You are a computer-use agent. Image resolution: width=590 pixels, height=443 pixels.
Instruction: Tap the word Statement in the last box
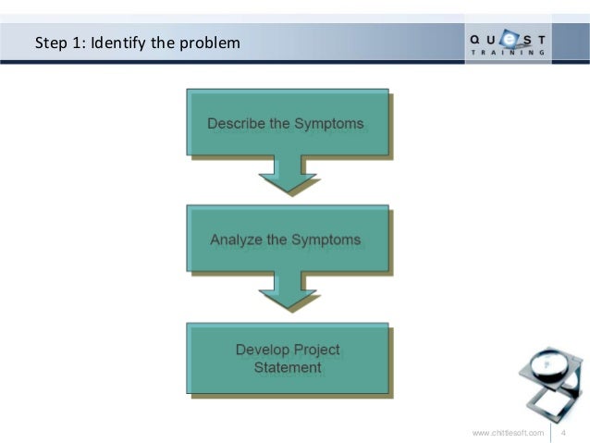click(x=288, y=367)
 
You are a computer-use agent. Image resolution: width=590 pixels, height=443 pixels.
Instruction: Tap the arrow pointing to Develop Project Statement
click(x=288, y=290)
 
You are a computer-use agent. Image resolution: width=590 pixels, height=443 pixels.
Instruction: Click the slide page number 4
click(x=566, y=432)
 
